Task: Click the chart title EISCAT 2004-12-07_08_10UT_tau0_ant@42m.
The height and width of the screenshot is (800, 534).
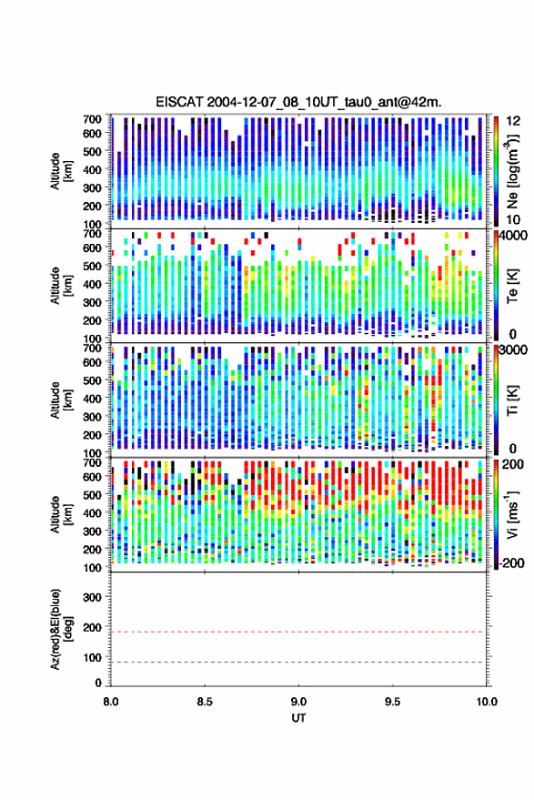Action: coord(298,102)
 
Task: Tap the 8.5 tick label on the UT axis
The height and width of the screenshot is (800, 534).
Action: coord(205,702)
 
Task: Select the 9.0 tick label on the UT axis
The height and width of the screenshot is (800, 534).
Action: coord(298,702)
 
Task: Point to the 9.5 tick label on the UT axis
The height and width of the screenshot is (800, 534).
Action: coord(392,702)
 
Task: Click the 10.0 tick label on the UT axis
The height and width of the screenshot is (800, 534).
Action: coord(487,702)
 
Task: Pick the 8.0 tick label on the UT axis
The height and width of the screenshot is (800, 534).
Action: coord(111,702)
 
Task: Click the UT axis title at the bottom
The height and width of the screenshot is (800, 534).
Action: coord(298,718)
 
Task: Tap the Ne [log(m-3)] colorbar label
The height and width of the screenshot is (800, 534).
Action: coord(512,171)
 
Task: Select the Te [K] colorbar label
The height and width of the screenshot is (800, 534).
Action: coord(512,286)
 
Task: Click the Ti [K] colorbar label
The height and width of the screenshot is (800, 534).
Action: coord(512,400)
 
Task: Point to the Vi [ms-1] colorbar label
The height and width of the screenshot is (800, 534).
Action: coord(512,514)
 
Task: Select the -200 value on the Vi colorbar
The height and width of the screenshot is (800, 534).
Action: coord(509,562)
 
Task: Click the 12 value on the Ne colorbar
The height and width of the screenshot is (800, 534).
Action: coord(513,121)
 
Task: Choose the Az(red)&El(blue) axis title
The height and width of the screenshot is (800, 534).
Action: coord(61,629)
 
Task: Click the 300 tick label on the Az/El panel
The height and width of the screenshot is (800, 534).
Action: coord(92,597)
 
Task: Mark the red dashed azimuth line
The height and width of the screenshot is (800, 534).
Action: coord(298,632)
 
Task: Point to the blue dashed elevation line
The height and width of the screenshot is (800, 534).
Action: coord(298,662)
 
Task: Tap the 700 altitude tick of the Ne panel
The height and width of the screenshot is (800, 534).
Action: coord(92,119)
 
